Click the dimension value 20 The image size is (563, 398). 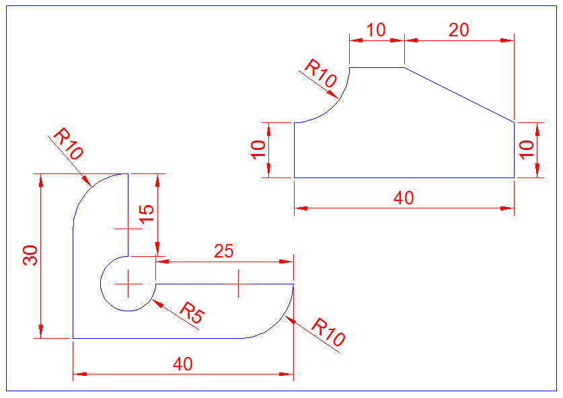(459, 30)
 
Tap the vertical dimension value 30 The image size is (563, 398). (30, 255)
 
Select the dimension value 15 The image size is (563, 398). (147, 214)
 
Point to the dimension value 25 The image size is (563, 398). (224, 251)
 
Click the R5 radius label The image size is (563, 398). (192, 312)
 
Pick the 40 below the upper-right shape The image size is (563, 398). (404, 198)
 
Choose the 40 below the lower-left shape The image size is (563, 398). (183, 364)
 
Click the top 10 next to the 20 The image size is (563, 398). (376, 30)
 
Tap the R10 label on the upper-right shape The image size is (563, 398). (321, 73)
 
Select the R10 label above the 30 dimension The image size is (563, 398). (68, 144)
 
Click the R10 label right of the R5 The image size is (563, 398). (328, 331)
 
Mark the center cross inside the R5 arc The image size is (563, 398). (128, 284)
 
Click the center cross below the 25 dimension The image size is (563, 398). (238, 284)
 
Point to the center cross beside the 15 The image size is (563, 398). (128, 229)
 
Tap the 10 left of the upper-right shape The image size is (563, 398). (258, 150)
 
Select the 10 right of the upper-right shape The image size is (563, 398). (527, 150)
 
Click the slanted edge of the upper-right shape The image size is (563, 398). (459, 95)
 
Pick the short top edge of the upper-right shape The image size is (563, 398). (377, 67)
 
